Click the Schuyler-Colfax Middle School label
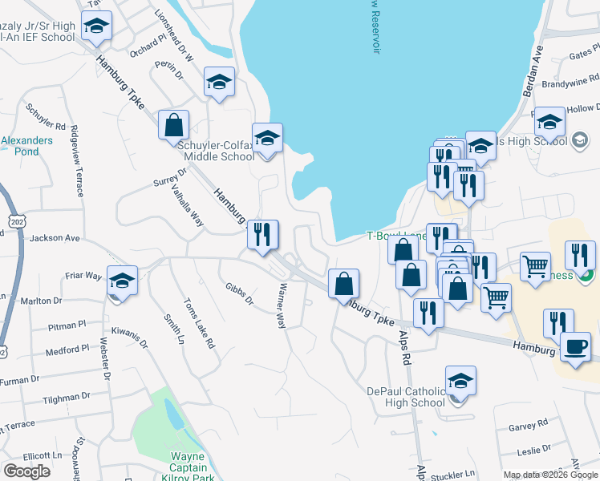[215, 151]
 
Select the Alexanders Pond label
[26, 145]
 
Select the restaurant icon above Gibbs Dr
[262, 235]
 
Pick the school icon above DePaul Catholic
[460, 382]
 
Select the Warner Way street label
[282, 305]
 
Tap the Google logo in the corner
[26, 471]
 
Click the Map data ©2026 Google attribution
[550, 475]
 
